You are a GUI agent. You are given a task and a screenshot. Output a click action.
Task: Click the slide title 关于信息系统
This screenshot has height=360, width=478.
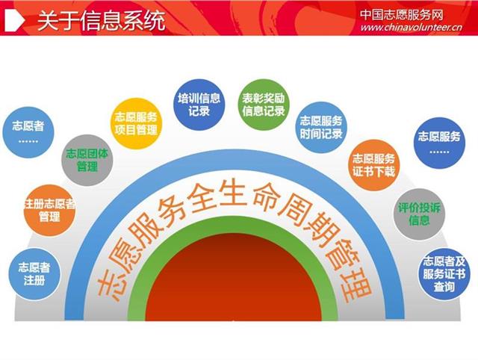pyautogui.click(x=102, y=20)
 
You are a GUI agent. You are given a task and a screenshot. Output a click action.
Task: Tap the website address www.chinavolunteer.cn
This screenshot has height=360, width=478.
pyautogui.click(x=412, y=27)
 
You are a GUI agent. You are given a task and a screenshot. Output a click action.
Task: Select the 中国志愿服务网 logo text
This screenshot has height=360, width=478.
pyautogui.click(x=402, y=14)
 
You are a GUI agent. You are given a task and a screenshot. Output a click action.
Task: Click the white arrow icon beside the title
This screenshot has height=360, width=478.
pyautogui.click(x=15, y=20)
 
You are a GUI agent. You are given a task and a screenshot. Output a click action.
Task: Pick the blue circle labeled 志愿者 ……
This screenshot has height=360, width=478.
pyautogui.click(x=28, y=132)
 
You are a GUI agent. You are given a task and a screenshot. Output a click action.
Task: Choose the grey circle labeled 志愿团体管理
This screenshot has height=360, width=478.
pyautogui.click(x=87, y=161)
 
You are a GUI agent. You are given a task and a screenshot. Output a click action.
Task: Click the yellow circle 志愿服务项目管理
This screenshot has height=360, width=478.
pyautogui.click(x=136, y=123)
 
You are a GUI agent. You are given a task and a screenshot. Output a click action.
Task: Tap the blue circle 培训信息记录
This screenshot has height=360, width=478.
pyautogui.click(x=199, y=105)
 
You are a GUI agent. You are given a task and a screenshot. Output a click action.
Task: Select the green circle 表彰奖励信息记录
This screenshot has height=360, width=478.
pyautogui.click(x=264, y=105)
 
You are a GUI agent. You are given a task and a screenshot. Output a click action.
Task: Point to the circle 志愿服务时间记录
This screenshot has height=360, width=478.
pyautogui.click(x=321, y=128)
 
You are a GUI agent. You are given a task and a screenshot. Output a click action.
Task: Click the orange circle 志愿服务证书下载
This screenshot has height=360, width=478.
pyautogui.click(x=373, y=165)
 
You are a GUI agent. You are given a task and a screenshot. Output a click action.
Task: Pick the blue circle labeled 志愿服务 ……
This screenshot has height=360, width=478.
pyautogui.click(x=439, y=143)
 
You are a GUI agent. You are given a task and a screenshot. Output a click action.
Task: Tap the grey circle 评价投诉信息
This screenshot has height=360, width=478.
pyautogui.click(x=419, y=214)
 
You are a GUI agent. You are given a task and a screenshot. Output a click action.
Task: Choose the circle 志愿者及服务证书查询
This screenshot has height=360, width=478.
pyautogui.click(x=444, y=274)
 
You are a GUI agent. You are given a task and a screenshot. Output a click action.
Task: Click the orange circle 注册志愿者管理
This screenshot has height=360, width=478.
pyautogui.click(x=49, y=211)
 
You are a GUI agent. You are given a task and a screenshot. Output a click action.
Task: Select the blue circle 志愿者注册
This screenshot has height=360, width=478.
pyautogui.click(x=34, y=274)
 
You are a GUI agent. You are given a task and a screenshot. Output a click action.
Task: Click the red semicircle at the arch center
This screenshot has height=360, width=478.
pyautogui.click(x=234, y=277)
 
